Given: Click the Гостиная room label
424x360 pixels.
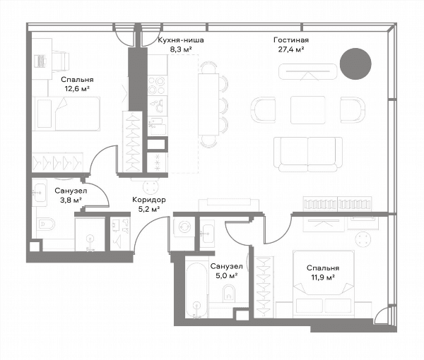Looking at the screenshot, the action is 291,40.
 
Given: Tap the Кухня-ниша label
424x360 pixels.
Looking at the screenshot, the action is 181,40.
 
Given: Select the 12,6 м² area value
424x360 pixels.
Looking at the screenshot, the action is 77,88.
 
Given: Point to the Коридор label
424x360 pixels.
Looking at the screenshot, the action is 148,200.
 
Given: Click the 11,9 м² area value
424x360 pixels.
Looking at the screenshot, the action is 323,277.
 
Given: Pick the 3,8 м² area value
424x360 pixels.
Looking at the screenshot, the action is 71,200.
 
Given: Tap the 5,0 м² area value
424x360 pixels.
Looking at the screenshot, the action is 226,276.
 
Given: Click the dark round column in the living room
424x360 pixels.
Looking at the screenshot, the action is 355,64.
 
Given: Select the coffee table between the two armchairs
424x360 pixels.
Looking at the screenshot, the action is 308,110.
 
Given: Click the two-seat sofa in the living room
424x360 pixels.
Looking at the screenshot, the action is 308,155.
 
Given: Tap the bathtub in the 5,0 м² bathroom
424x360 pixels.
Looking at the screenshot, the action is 197,289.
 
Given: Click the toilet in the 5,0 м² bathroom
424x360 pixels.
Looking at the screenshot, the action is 229,294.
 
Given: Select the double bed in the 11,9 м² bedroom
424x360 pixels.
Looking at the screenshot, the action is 324,284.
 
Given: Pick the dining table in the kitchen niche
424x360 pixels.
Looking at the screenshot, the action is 208,104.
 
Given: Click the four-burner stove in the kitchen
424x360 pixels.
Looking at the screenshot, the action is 158,85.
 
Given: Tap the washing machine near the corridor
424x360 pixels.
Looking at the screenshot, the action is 184,227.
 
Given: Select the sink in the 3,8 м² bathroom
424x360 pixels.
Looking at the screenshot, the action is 40,193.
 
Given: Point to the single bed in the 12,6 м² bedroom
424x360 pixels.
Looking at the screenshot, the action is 66,114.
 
